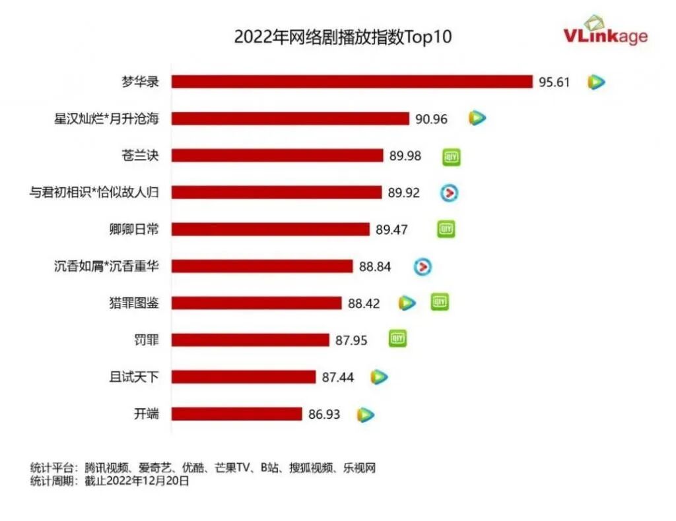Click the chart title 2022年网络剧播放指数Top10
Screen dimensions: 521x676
pyautogui.click(x=343, y=36)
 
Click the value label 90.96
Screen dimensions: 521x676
pyautogui.click(x=432, y=119)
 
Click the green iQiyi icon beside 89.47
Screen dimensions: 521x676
pyautogui.click(x=446, y=230)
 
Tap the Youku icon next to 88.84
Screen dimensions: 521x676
pyautogui.click(x=422, y=266)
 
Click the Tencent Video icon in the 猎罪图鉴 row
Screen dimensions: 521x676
pyautogui.click(x=407, y=303)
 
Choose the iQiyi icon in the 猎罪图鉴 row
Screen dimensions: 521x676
pyautogui.click(x=440, y=302)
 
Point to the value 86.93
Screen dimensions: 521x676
pyautogui.click(x=324, y=415)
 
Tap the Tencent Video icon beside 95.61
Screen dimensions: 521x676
pyautogui.click(x=596, y=82)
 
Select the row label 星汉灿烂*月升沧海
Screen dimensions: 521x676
pyautogui.click(x=107, y=119)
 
